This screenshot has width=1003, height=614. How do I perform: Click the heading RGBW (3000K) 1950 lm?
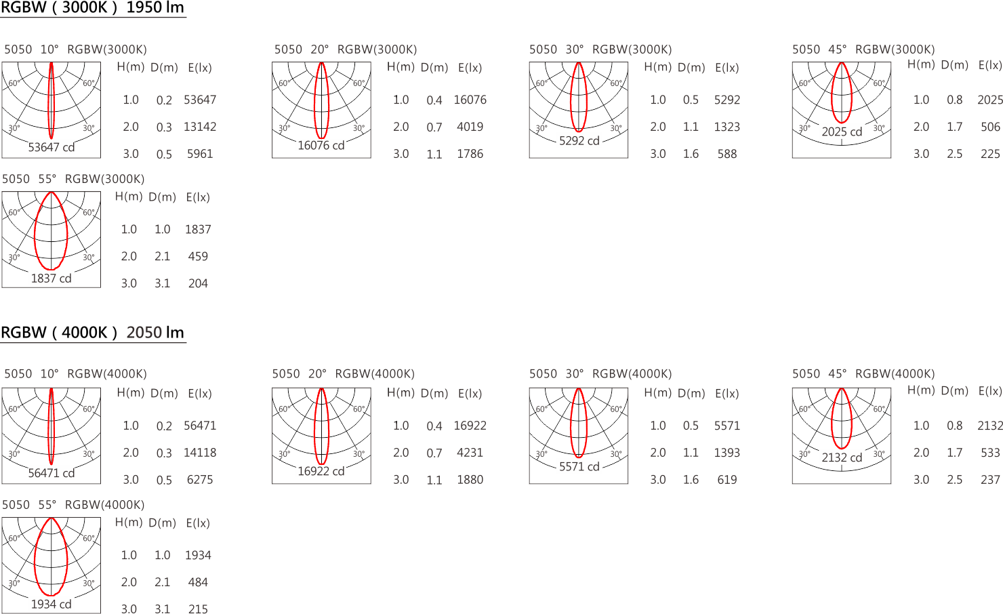93,7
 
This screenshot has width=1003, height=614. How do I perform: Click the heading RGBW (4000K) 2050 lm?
93,333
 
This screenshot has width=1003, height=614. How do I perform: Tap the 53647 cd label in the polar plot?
52,147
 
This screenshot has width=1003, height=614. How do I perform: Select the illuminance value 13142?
200,127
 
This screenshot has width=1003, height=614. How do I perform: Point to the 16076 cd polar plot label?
321,145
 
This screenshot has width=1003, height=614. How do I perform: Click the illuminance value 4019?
470,127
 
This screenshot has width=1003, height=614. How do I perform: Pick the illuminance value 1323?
727,127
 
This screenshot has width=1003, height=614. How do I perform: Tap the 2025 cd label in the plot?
842,131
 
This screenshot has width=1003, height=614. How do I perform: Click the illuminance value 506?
991,127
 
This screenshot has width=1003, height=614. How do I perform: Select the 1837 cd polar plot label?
51,278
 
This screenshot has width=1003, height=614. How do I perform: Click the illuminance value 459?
198,256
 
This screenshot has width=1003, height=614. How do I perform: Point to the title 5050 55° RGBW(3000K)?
73,179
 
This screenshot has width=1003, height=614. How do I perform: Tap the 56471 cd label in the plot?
52,473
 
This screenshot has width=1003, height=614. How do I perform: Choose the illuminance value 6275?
200,480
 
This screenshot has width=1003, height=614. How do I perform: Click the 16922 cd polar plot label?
321,471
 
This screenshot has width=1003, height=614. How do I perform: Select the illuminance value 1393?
727,452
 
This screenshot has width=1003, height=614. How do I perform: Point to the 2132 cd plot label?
842,457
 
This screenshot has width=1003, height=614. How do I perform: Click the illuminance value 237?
991,480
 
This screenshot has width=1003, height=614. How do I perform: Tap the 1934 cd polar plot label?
51,604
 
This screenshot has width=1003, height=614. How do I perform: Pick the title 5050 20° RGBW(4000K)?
344,374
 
